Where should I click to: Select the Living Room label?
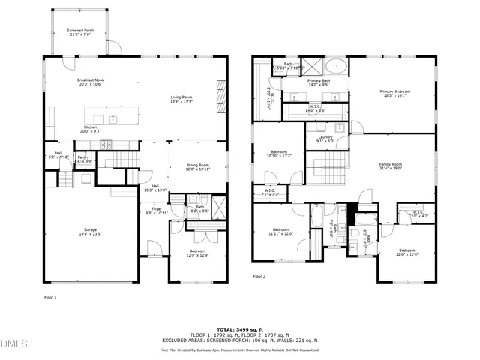[x=181, y=97]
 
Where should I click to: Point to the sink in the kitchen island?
[x=112, y=118]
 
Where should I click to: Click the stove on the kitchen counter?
[x=106, y=143]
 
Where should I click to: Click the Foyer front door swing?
[x=153, y=247]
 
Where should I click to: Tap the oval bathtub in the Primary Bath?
[x=335, y=67]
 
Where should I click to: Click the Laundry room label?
[x=325, y=137]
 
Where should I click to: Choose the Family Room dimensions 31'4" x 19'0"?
[x=390, y=169]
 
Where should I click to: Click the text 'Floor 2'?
[x=259, y=276]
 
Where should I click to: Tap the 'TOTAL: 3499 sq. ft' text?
[x=239, y=328]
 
